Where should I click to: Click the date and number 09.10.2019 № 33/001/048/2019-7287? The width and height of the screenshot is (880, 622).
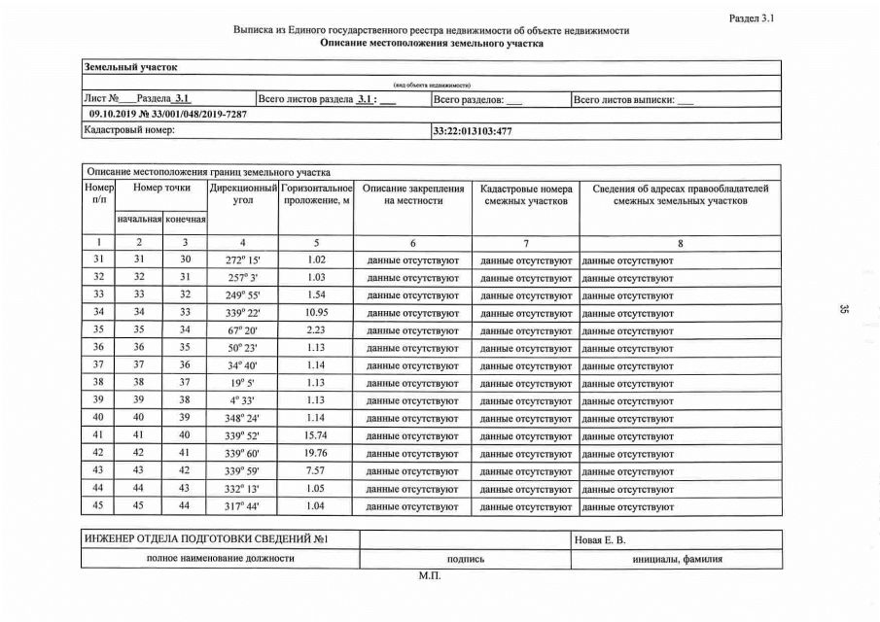(167, 114)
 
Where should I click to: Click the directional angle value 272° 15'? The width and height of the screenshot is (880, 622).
(244, 260)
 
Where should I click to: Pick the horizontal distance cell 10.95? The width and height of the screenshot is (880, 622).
(315, 313)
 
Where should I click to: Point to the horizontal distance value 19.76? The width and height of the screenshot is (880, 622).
(315, 454)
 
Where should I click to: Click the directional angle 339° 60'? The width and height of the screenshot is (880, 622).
(244, 454)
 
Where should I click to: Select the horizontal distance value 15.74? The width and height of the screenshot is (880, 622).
(315, 436)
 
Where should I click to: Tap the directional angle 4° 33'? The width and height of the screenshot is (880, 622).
(244, 401)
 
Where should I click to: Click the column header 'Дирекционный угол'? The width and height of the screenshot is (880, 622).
(244, 193)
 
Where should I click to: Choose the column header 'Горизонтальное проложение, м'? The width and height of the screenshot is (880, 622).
(315, 193)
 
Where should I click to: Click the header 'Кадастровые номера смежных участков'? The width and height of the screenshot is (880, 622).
(525, 193)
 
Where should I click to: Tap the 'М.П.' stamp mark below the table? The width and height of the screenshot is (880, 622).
(429, 576)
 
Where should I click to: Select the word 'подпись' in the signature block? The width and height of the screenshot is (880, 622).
(465, 559)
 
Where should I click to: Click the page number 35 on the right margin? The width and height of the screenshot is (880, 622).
(843, 309)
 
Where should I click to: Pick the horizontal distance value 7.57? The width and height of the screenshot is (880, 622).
(315, 471)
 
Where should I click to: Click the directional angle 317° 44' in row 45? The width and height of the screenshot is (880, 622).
(244, 506)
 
